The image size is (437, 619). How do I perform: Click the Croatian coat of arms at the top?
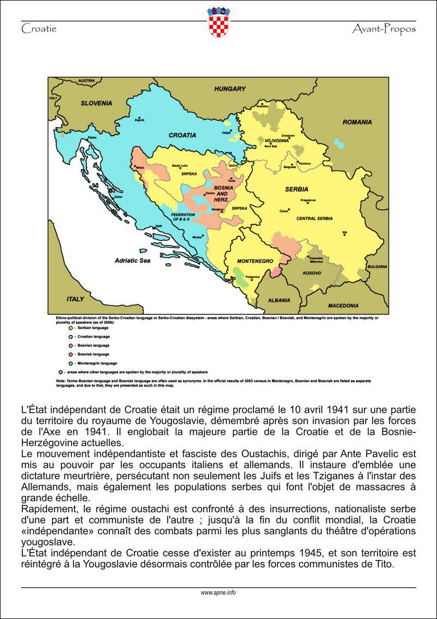[x=218, y=22]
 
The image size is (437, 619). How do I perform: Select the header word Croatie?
[x=39, y=28]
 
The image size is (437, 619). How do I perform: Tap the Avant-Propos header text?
[x=384, y=28]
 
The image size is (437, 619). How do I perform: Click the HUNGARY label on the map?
[x=230, y=89]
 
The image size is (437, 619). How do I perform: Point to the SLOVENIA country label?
[x=96, y=103]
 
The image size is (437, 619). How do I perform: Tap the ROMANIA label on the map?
[x=357, y=122]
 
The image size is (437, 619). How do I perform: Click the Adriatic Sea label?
[x=132, y=261]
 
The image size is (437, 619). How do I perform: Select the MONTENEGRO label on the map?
[x=255, y=261]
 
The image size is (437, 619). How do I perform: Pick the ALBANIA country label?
[x=279, y=301]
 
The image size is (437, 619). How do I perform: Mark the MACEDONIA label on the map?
[x=343, y=305]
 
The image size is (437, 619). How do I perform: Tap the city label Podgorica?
[x=252, y=277]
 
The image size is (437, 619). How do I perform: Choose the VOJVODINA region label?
[x=276, y=141]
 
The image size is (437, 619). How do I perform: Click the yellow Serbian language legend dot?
[x=69, y=328]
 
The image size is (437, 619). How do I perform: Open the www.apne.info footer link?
[x=218, y=592]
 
